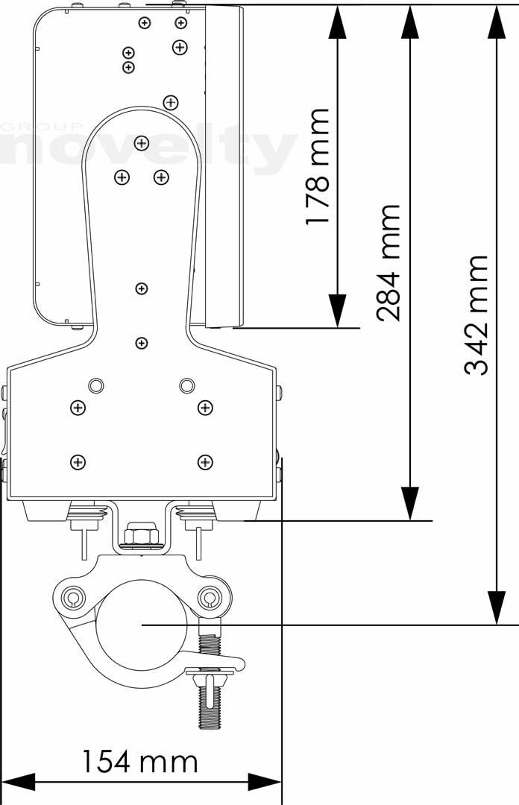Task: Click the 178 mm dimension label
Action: click(317, 166)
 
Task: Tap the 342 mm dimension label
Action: click(476, 315)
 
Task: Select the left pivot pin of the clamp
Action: click(72, 597)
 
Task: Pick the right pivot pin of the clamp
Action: click(209, 596)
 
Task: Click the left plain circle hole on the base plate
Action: click(95, 385)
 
